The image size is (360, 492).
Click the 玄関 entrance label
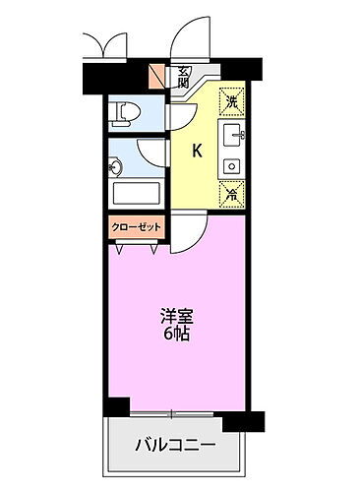(184, 76)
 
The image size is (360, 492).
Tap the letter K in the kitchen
(196, 151)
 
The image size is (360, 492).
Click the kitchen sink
(233, 135)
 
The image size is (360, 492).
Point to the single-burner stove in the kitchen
(232, 164)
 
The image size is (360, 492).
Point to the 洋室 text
(177, 317)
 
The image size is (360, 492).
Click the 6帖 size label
(177, 335)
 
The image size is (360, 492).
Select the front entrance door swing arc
(187, 44)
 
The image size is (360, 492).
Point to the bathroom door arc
(152, 152)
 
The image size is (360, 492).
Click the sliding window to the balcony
(174, 411)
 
